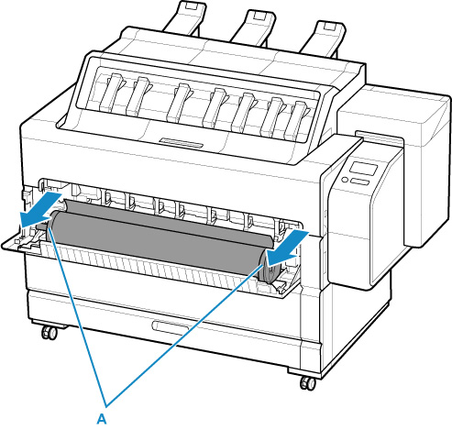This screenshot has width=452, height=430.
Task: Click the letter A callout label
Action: [102, 418]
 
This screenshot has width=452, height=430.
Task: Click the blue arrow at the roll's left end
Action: [40, 210]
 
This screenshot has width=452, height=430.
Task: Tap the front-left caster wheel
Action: [50, 332]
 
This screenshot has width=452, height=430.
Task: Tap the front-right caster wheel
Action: [308, 383]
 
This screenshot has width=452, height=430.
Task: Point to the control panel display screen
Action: [363, 168]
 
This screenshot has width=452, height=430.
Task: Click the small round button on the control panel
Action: [345, 180]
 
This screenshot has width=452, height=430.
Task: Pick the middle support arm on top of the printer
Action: [254, 27]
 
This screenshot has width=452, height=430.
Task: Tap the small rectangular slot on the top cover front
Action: [181, 143]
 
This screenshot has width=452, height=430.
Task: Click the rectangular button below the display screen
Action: [359, 182]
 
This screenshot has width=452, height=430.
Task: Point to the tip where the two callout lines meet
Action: [106, 406]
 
